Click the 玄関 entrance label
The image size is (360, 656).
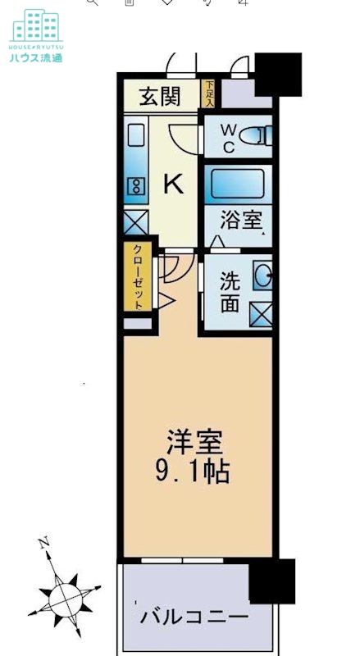[159, 97]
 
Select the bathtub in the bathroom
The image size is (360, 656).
[238, 184]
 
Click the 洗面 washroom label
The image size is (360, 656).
[230, 292]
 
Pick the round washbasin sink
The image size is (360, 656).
[263, 276]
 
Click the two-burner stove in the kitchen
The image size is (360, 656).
[135, 186]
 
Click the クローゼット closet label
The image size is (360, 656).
[137, 277]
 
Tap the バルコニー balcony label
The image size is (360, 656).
[194, 614]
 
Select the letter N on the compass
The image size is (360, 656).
[45, 543]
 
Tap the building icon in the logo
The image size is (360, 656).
[35, 26]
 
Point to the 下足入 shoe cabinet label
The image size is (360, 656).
[209, 94]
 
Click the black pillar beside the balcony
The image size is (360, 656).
[271, 581]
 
